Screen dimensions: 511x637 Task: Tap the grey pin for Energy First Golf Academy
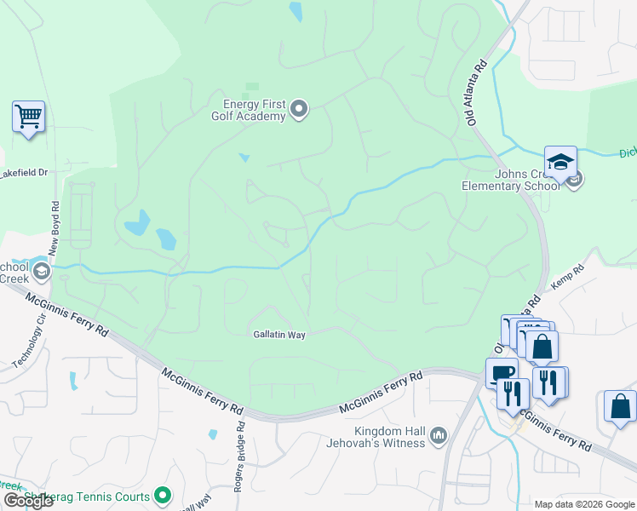coord(299,108)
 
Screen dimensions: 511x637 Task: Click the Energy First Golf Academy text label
coord(249,109)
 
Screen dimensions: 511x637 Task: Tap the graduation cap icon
coord(560,161)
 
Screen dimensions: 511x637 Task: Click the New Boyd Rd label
coord(55,227)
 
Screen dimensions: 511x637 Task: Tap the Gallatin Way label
coord(278,335)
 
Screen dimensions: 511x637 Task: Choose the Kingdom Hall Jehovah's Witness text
coord(376,436)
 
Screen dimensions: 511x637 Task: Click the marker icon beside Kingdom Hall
coord(439,436)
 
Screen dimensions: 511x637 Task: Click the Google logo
coord(28,500)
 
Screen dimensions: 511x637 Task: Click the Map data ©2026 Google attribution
coord(584,504)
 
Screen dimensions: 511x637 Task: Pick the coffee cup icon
coord(501,372)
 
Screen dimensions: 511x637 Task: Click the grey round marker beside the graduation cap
coord(575,180)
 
